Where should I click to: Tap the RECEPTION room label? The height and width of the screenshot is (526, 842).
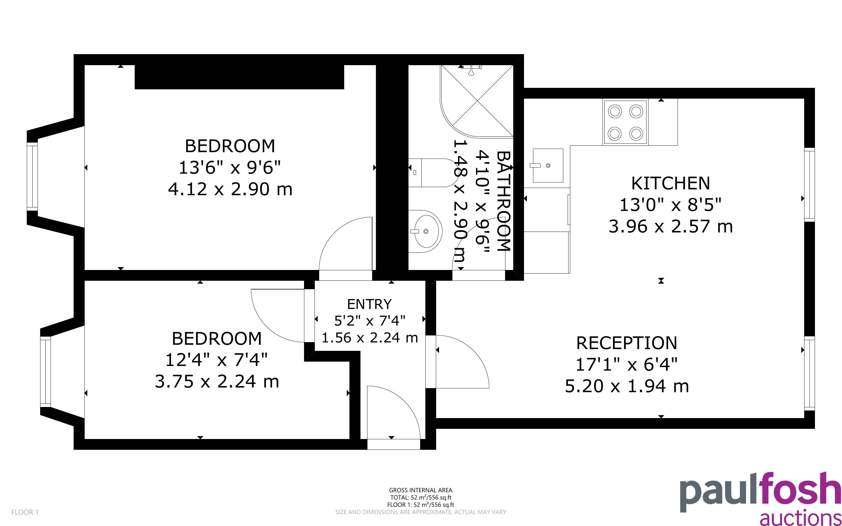[x=627, y=343]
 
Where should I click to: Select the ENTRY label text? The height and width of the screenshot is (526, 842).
[x=369, y=304]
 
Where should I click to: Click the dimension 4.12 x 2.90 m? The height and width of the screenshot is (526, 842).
[x=230, y=189]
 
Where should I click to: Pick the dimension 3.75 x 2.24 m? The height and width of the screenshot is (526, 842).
[x=217, y=381]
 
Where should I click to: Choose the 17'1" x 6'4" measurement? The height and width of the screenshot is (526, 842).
[x=627, y=365]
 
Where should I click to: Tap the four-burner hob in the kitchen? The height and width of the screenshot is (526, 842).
[x=625, y=122]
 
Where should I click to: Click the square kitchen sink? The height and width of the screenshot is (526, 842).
[x=548, y=166]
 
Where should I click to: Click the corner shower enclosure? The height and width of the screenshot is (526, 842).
[x=477, y=101]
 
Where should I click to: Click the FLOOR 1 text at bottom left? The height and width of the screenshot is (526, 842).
[x=25, y=512]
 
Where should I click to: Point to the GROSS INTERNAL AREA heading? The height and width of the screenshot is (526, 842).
[x=420, y=490]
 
